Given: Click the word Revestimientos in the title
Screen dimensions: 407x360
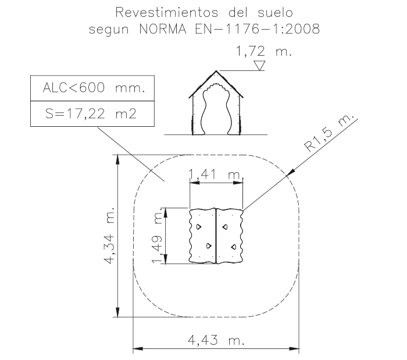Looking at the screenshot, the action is click(167, 12).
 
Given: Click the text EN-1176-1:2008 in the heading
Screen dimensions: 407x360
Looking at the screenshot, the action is click(257, 29).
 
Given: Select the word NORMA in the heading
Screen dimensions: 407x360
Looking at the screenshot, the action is click(163, 29).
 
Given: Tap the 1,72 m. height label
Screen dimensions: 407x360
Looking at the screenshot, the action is click(264, 51).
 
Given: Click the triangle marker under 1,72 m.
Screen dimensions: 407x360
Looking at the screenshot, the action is click(259, 65).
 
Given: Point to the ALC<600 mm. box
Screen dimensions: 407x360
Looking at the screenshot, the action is click(92, 88).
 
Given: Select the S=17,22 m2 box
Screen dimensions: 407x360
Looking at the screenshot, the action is click(92, 113).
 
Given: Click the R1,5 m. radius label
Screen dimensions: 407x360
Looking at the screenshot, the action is click(329, 133).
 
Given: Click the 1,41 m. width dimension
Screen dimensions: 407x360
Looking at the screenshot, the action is click(215, 174).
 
